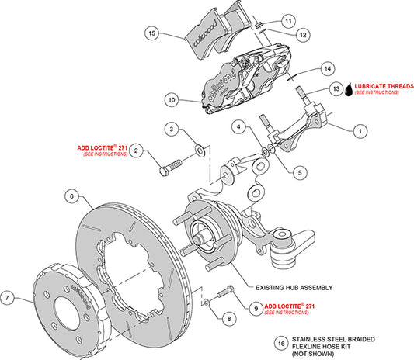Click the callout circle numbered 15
click(152, 33)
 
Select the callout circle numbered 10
click(172, 99)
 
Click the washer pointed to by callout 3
click(201, 149)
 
